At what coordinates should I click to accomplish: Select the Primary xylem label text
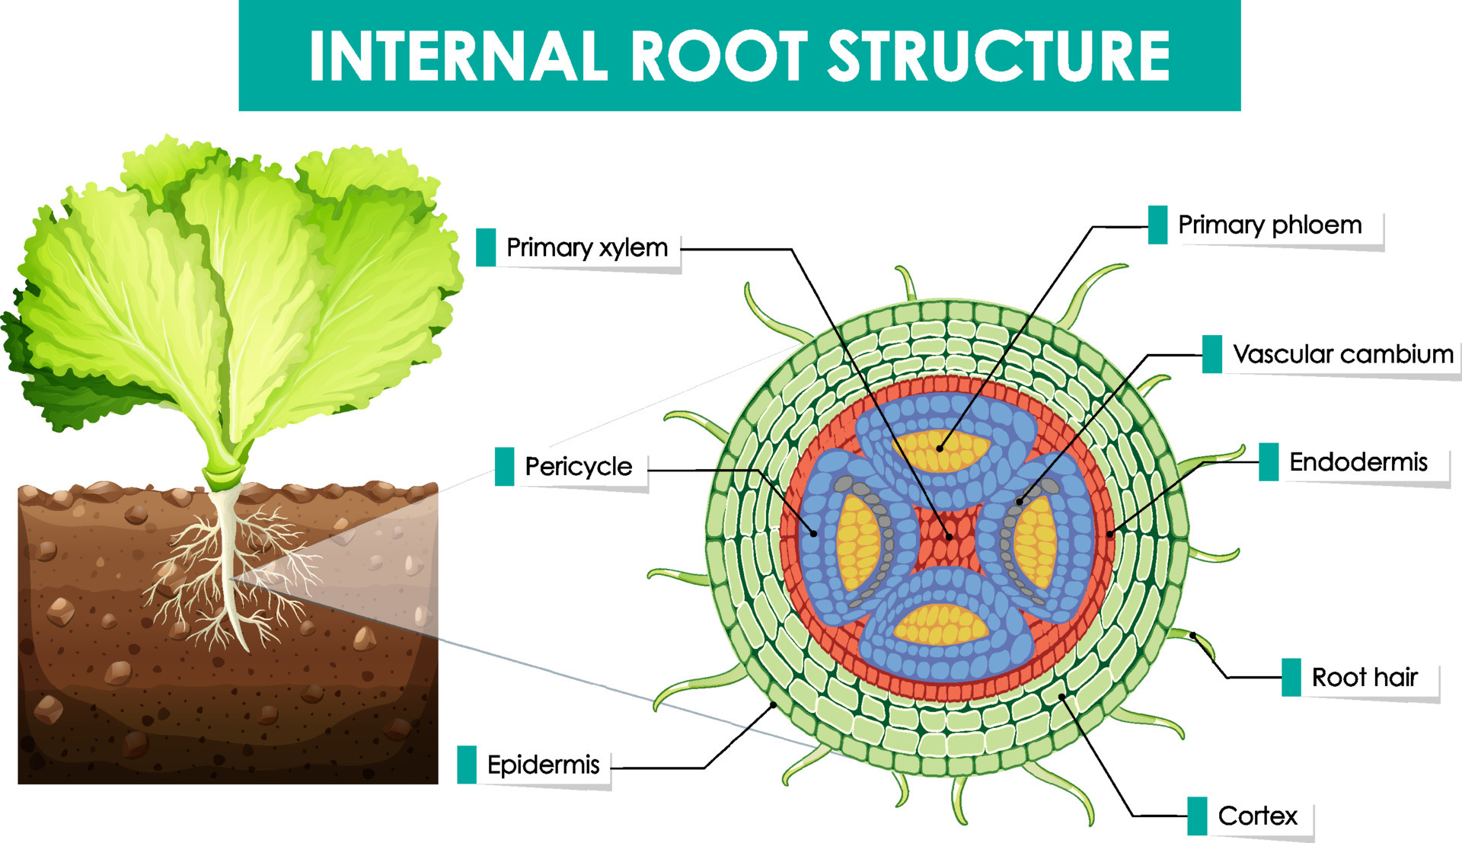(x=586, y=247)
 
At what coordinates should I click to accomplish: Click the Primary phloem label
(x=1269, y=225)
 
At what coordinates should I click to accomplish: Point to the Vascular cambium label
(x=1342, y=354)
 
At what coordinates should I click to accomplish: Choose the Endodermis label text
(x=1358, y=461)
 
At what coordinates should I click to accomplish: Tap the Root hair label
(x=1364, y=677)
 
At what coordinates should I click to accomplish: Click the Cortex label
(x=1257, y=816)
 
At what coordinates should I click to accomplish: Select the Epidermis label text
(x=543, y=765)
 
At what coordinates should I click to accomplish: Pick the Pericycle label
(x=578, y=466)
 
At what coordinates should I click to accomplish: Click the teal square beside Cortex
(x=1197, y=816)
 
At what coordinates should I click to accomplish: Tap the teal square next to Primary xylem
(x=486, y=247)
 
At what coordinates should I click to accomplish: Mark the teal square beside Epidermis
(x=467, y=765)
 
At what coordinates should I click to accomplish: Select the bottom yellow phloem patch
(x=942, y=624)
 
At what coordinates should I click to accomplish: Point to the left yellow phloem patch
(x=857, y=542)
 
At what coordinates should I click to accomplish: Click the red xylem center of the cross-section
(x=949, y=537)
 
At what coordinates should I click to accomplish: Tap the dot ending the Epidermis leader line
(x=774, y=705)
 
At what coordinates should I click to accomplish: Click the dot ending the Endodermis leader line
(x=1110, y=535)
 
